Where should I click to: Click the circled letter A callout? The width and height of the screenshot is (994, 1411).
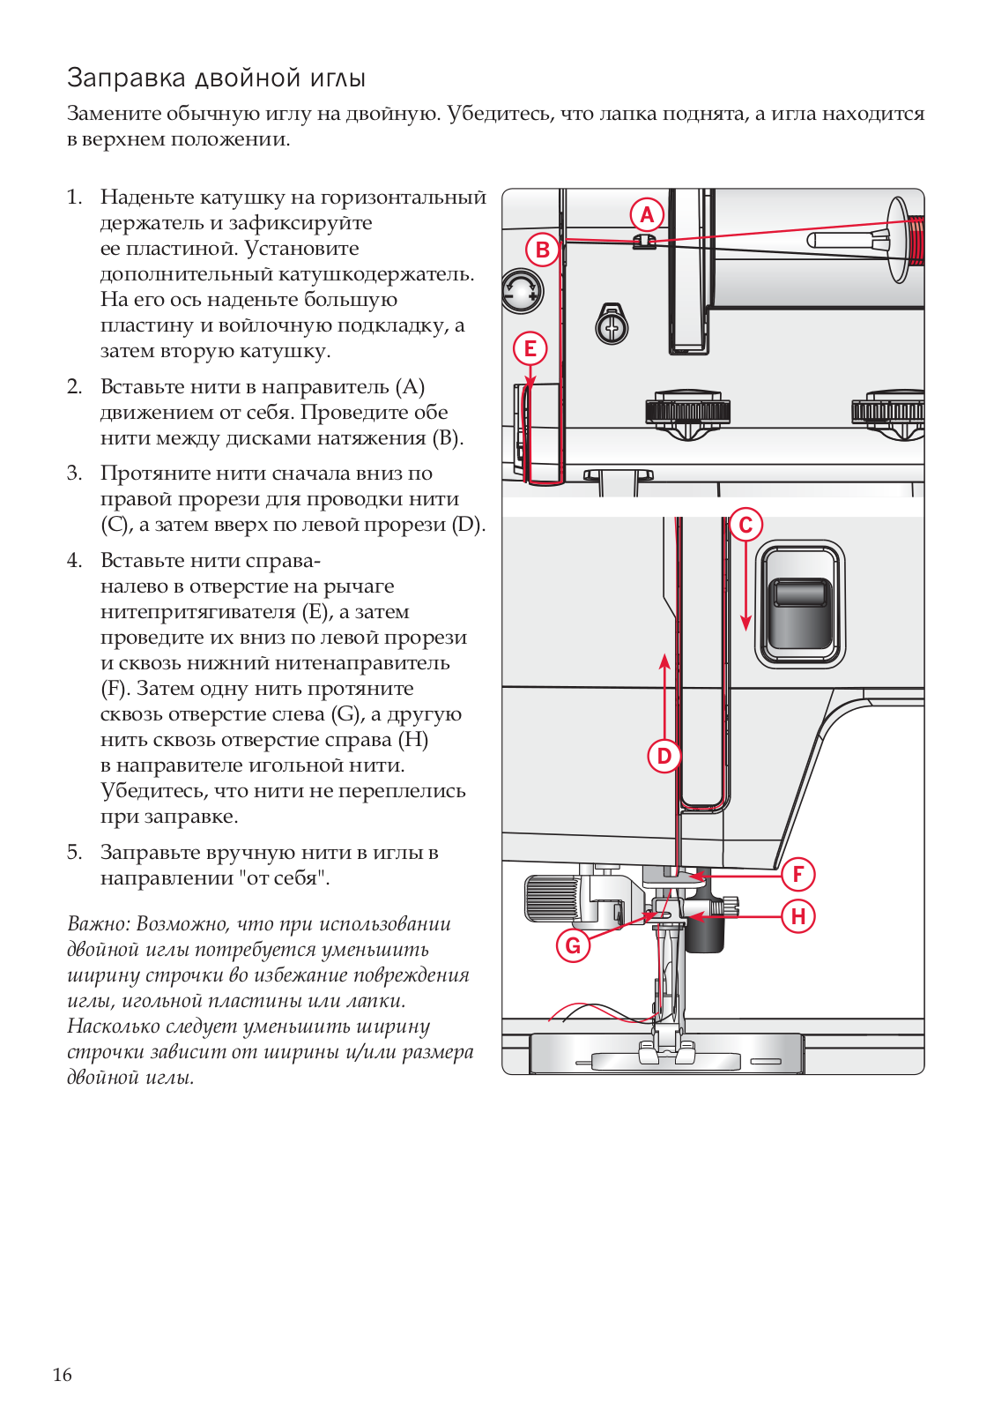(647, 214)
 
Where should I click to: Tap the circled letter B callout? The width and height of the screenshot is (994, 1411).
(543, 250)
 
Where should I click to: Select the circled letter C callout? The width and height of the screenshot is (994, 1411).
(745, 525)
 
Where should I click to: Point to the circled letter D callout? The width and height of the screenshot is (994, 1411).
(664, 756)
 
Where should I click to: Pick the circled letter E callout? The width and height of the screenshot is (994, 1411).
(530, 348)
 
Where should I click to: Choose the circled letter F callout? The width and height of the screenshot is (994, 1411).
(798, 874)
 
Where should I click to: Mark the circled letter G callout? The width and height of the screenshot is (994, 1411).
(573, 945)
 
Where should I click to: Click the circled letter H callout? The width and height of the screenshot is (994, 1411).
(798, 916)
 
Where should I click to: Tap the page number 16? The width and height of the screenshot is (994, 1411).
(63, 1374)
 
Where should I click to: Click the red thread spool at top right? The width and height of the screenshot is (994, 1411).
(916, 241)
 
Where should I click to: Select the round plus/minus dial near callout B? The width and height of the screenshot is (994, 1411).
(522, 291)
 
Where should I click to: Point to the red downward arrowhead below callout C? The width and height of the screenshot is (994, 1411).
(745, 623)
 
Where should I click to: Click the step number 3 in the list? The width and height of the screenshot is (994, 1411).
(74, 474)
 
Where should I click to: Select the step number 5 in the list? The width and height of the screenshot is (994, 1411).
(74, 853)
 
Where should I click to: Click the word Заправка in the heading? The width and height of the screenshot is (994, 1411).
(127, 78)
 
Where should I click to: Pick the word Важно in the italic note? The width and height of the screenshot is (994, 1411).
(97, 924)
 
